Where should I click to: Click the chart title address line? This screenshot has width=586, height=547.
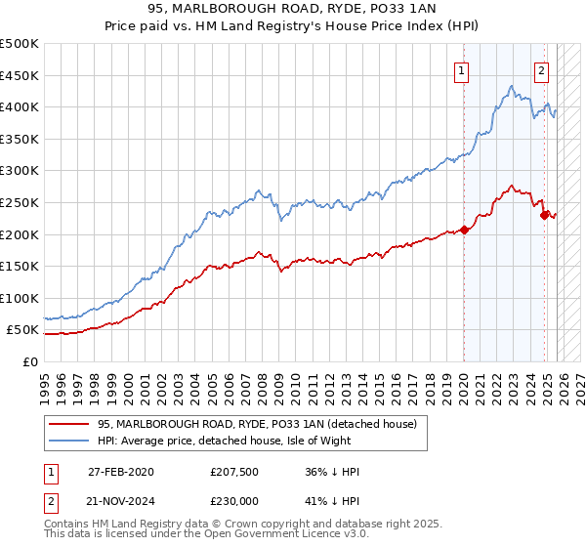292,11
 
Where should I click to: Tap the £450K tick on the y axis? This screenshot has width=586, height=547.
20,75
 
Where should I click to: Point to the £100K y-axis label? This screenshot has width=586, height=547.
20,298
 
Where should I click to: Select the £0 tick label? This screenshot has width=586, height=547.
29,361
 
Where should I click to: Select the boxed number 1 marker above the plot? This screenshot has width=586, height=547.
461,69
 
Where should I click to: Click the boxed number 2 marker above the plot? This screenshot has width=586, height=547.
541,69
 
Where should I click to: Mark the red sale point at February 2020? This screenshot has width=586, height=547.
464,231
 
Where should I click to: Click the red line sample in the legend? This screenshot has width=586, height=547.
69,424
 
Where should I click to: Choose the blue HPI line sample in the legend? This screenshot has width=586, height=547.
69,441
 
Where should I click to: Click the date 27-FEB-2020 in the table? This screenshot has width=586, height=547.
120,472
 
